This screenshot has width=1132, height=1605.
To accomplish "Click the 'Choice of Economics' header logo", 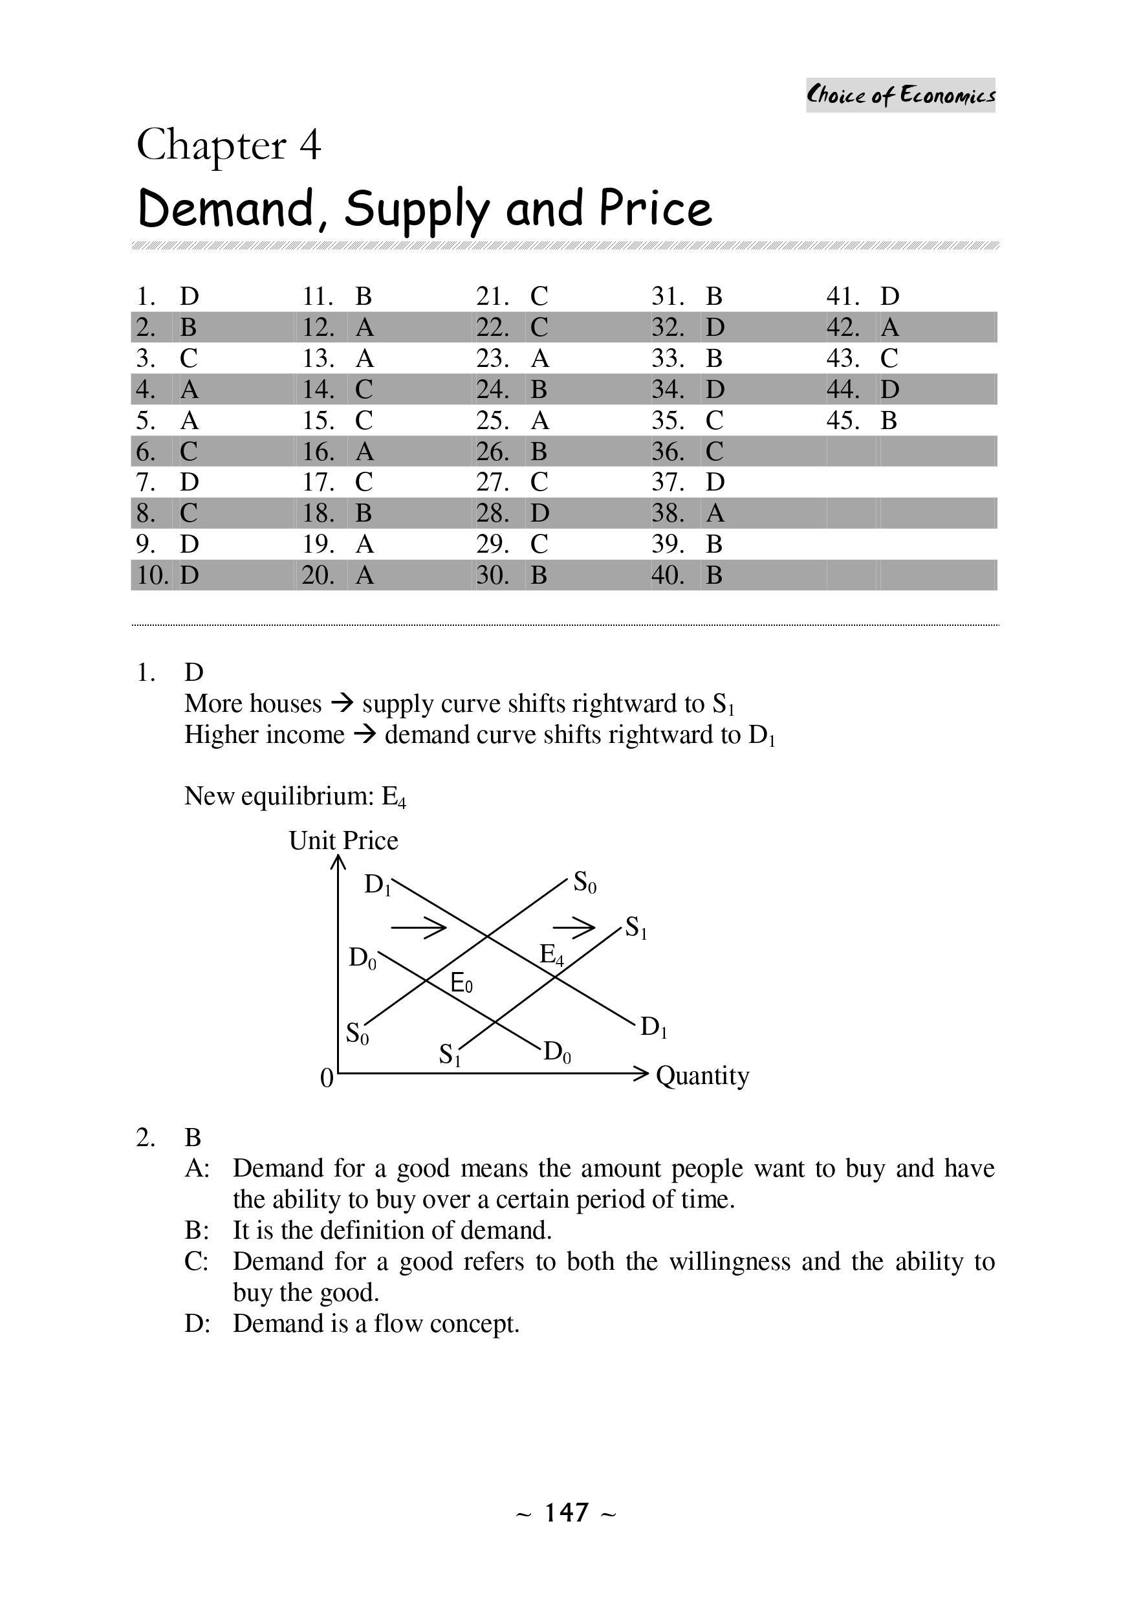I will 900,95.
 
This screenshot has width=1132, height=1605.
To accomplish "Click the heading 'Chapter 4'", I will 228,146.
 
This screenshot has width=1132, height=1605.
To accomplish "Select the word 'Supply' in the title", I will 416,209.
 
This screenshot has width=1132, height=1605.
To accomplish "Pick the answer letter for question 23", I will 539,359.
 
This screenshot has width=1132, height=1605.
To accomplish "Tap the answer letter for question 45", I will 888,421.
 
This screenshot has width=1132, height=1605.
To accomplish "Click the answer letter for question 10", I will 190,575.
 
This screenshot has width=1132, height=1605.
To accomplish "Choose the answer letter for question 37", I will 715,482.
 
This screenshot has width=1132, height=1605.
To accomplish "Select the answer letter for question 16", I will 365,452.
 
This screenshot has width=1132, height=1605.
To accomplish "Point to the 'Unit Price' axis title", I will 343,840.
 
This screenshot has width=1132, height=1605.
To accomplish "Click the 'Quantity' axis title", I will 702,1075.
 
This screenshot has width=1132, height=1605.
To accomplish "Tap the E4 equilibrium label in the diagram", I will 551,954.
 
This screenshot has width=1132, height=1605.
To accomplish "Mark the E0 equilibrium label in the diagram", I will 461,984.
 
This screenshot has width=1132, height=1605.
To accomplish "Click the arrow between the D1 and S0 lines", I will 418,927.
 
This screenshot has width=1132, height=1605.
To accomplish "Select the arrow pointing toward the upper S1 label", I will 574,927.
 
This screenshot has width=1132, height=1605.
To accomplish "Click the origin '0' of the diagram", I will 326,1079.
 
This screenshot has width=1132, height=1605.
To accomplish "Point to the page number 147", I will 566,1512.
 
